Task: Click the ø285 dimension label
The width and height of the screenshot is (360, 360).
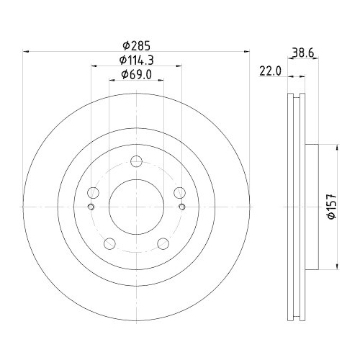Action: tap(137, 44)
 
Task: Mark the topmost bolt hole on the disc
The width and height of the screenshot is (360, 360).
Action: tap(136, 162)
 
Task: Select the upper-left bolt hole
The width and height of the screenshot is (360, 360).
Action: tap(93, 192)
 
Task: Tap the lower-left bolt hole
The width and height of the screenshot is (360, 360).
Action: tap(109, 243)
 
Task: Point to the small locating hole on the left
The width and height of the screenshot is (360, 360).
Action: tap(90, 208)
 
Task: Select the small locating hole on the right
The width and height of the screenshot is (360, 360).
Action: tap(182, 208)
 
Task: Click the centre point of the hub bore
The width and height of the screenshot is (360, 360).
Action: tap(136, 206)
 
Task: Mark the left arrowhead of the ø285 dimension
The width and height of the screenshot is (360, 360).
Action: tap(27, 50)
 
